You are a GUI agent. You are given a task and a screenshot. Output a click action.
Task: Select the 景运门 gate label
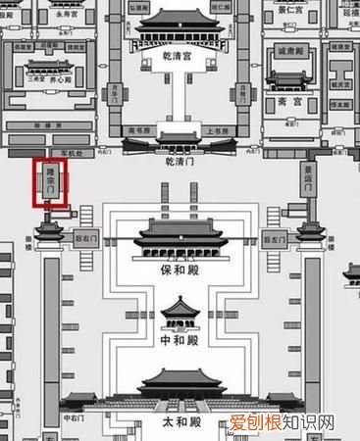click(308, 181)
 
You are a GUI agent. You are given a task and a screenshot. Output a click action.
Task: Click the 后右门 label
click(83, 238)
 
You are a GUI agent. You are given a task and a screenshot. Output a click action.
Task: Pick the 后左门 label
click(274, 238)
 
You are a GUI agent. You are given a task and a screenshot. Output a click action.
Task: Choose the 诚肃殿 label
click(294, 47)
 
